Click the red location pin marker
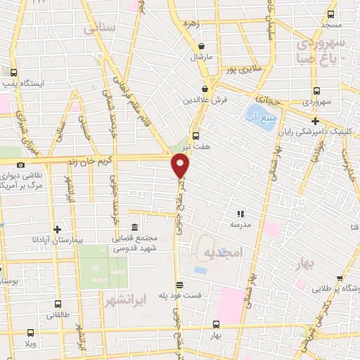pyautogui.click(x=181, y=166)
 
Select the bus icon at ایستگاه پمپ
pyautogui.click(x=13, y=72)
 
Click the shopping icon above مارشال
pyautogui.click(x=204, y=44)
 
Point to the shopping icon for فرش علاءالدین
pyautogui.click(x=204, y=89)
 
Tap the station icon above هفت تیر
pyautogui.click(x=195, y=136)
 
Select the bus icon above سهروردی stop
pyautogui.click(x=316, y=91)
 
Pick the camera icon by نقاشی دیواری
pyautogui.click(x=20, y=165)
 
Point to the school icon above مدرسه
pyautogui.click(x=240, y=213)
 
